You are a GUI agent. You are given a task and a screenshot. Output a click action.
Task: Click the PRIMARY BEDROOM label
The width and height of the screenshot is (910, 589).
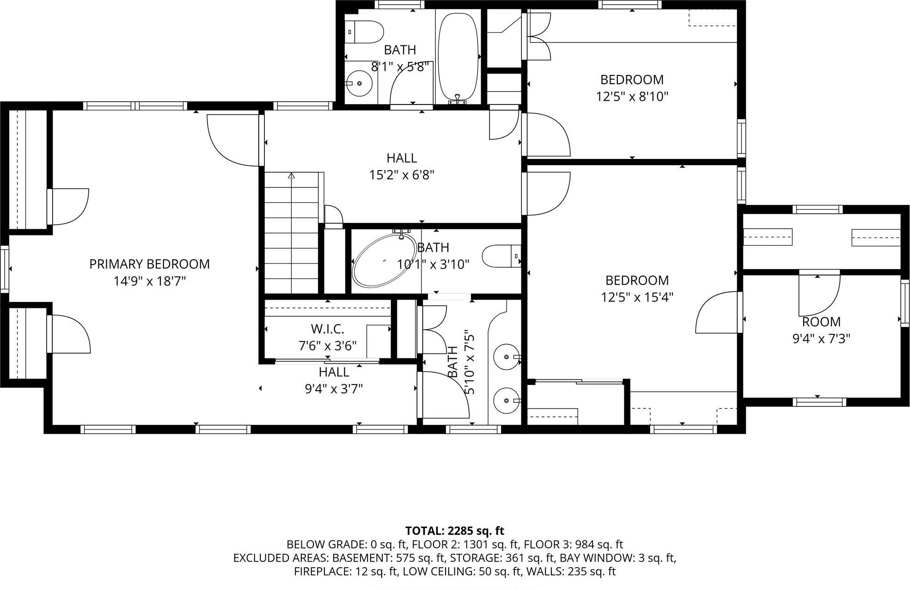149,264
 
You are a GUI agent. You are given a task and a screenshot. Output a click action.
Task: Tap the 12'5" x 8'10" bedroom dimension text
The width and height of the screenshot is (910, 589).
632,97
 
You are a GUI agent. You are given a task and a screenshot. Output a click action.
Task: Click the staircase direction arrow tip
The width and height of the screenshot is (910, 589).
291,175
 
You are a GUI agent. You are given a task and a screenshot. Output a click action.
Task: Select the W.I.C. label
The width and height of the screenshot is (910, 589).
327,329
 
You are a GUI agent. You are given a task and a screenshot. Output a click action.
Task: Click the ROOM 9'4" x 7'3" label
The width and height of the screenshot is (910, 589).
821,322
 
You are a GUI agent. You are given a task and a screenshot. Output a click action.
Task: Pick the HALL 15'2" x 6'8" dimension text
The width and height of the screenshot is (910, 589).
402,175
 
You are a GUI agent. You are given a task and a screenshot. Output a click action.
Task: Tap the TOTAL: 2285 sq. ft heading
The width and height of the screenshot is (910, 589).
454,531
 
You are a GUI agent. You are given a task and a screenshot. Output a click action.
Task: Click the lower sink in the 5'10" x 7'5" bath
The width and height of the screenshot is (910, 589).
507,400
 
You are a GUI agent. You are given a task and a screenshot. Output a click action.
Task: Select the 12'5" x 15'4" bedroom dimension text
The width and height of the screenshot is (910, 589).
637,297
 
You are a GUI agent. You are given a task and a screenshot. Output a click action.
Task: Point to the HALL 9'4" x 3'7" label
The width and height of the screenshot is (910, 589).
334,372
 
